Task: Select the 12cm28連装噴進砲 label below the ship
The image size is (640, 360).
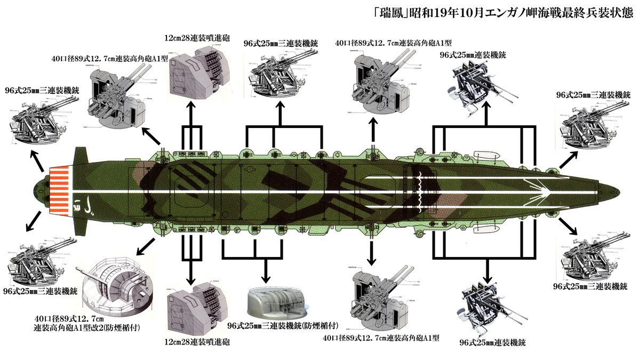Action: [198, 342]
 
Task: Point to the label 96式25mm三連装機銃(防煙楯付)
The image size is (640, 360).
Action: [275, 325]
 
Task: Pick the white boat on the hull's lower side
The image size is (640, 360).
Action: [486, 227]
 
